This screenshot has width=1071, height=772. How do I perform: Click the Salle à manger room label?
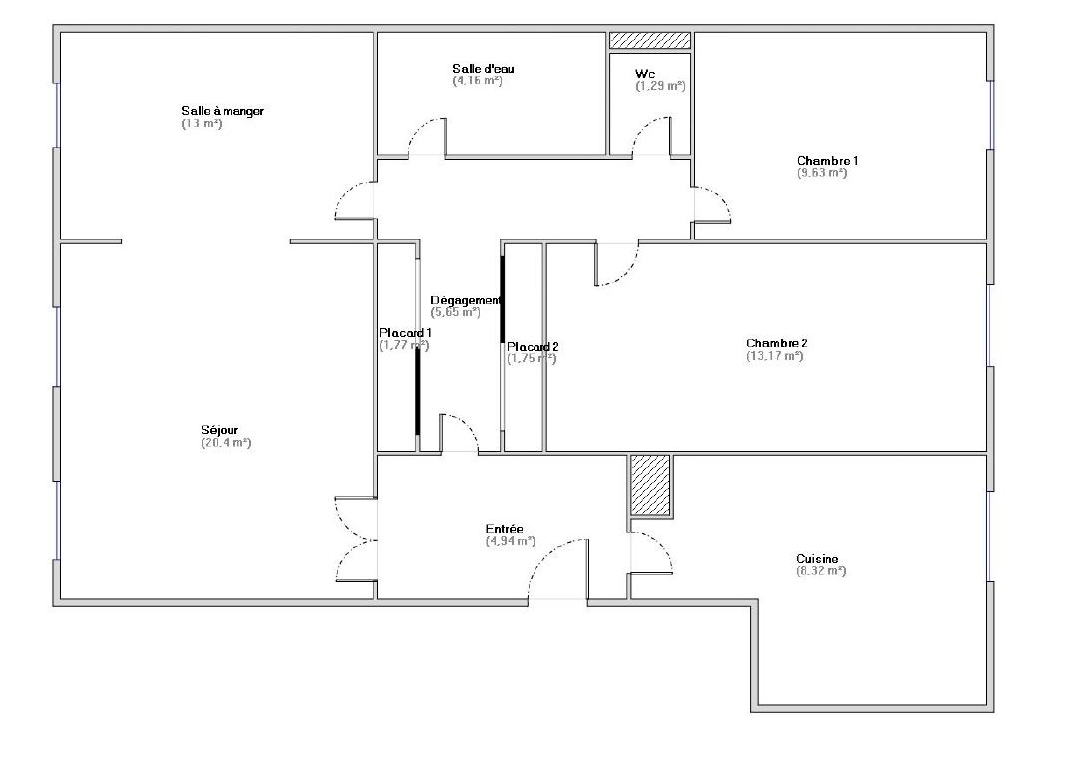(222, 111)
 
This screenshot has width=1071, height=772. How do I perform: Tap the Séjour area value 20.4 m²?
(226, 443)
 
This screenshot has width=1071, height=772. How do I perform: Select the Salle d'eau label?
(483, 69)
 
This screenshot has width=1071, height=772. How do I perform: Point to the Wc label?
(644, 74)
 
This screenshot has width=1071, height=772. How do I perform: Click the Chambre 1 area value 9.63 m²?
(821, 173)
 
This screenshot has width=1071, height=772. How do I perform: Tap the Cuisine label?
(817, 559)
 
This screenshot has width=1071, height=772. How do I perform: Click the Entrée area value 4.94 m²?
(511, 541)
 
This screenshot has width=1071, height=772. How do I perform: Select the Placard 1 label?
(405, 333)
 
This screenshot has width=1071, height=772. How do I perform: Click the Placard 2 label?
(533, 347)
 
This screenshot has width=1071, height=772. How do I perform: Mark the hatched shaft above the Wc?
(650, 40)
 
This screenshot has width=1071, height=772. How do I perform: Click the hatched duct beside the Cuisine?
(650, 485)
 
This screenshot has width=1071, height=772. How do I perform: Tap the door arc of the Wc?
(653, 135)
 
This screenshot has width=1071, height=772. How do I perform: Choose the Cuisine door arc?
(652, 552)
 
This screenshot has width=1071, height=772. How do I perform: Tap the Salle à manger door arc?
(354, 202)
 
